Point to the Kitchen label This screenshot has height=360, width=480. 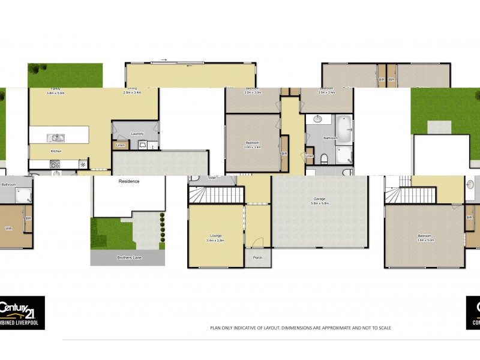[56, 151]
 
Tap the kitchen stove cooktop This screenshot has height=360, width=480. [55, 163]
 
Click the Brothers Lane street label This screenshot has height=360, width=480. [128, 257]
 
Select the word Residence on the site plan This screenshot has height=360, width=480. [128, 181]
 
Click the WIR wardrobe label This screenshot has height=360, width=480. [9, 229]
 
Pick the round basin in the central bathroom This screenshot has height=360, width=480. [317, 119]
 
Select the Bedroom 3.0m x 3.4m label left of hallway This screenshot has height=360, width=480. [253, 145]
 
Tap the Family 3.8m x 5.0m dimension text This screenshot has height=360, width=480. [56, 91]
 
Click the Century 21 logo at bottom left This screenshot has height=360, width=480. [22, 313]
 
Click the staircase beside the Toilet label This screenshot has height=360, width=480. [216, 194]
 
